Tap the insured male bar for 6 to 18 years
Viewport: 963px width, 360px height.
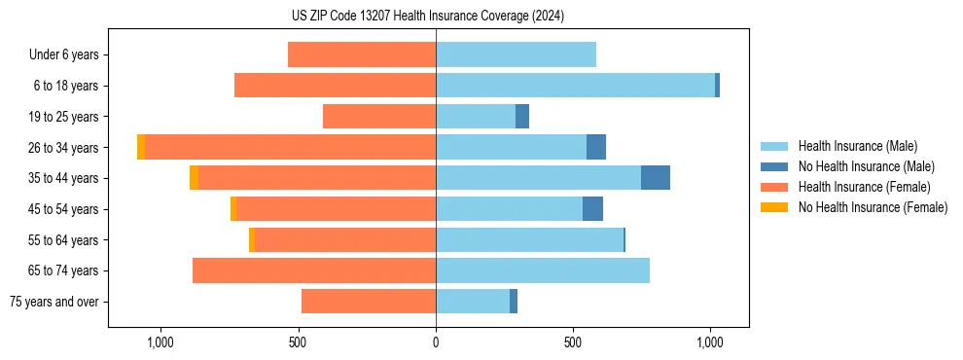(575, 86)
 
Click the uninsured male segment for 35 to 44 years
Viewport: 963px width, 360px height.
(655, 178)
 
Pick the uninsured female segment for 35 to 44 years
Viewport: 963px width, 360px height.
(195, 178)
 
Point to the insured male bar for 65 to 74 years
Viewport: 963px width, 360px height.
(543, 270)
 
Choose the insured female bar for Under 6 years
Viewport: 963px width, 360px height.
(362, 54)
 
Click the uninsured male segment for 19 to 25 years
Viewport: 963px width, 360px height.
(522, 117)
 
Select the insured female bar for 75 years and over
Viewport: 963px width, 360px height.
(369, 302)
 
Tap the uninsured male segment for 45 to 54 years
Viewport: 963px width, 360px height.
(592, 209)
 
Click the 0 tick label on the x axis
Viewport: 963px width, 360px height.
(436, 342)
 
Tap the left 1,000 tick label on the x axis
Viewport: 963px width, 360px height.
(160, 342)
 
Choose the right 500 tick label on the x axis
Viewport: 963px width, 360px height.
(573, 342)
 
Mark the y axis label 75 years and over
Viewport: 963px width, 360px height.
(54, 302)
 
